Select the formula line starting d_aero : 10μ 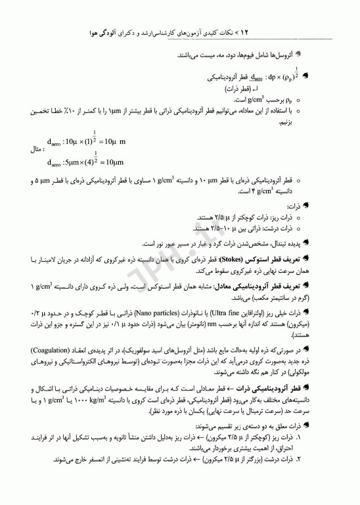coord(86,142)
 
